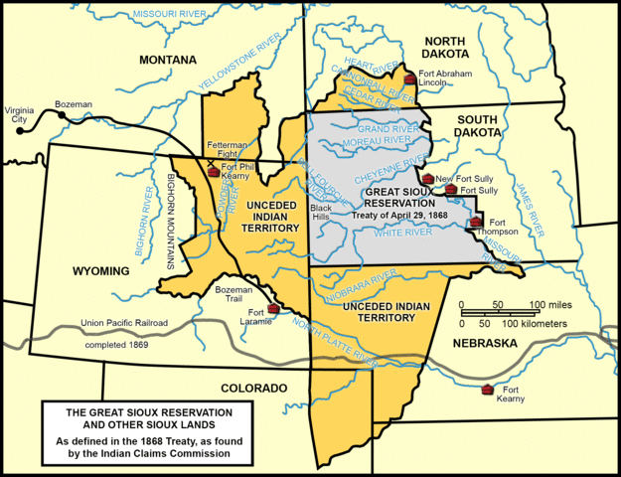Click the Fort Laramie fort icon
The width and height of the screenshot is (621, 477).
(272, 309)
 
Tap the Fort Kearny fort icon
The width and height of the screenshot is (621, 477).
(487, 390)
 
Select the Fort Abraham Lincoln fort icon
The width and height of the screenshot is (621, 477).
(408, 79)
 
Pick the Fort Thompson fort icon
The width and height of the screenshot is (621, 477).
(477, 222)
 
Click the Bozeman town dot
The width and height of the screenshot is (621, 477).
(62, 116)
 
